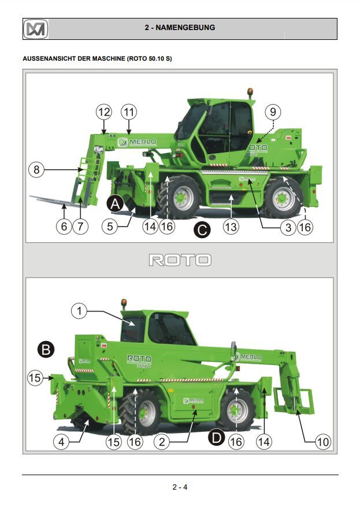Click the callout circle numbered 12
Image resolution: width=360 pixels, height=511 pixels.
[103, 111]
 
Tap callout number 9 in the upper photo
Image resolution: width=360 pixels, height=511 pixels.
[273, 111]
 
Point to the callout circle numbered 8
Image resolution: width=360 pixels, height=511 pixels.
[36, 170]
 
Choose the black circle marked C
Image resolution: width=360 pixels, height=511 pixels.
[202, 229]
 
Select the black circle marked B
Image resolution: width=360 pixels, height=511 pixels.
[46, 349]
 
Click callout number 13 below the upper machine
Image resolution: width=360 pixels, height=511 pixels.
[231, 227]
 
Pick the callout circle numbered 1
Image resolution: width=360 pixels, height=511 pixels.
[79, 311]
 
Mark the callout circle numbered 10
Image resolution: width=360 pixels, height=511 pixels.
[322, 442]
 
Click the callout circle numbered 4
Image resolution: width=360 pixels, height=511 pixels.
[62, 442]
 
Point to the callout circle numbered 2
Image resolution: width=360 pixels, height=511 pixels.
[162, 442]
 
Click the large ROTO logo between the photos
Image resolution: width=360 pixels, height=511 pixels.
[180, 260]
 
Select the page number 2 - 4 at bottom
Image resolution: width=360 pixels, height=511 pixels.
[180, 487]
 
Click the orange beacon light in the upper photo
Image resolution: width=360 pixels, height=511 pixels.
[250, 92]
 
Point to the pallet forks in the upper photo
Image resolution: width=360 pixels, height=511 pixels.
[55, 199]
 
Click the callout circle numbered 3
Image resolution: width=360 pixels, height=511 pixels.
[288, 227]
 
